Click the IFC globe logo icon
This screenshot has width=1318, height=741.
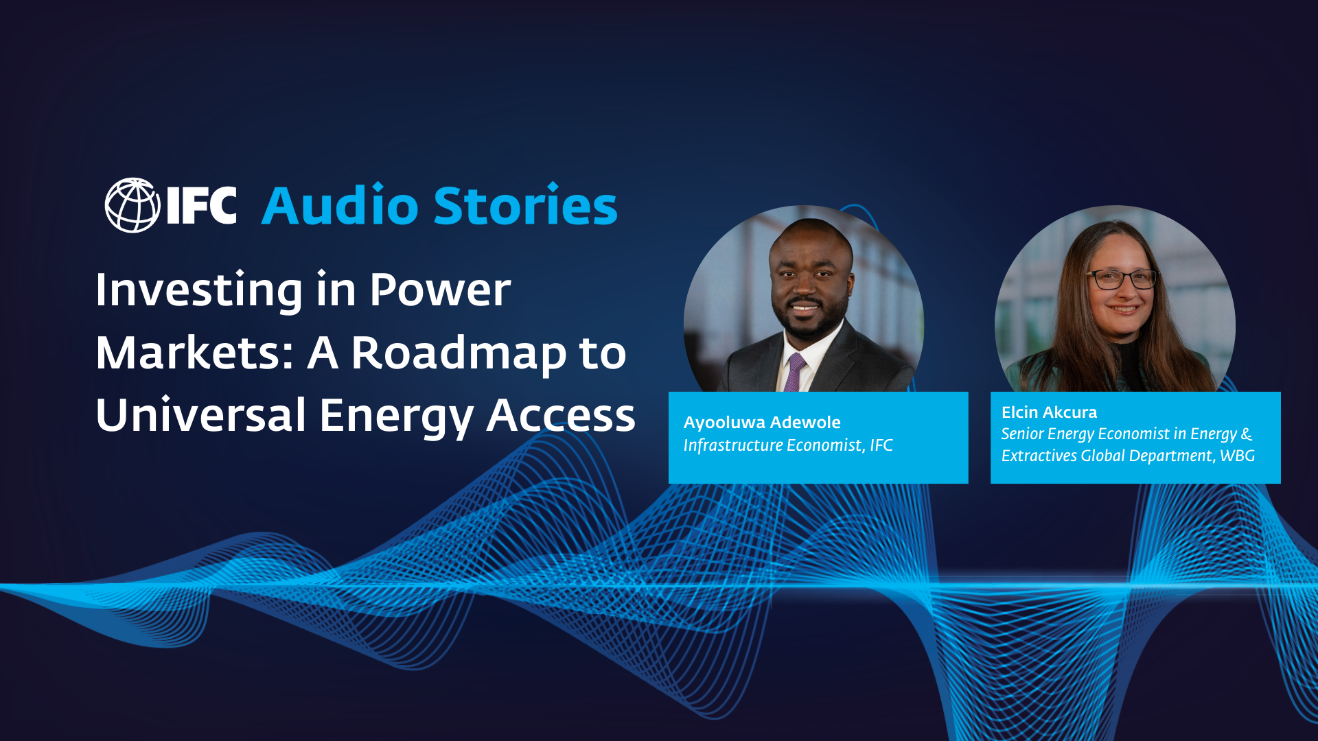point(132,205)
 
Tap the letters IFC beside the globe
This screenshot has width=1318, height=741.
point(202,205)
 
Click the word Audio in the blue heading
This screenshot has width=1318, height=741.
point(340,206)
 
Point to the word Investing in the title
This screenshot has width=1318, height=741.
point(199,290)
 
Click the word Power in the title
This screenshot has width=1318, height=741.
point(440,290)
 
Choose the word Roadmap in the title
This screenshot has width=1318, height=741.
point(459,354)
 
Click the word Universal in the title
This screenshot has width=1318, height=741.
point(201,415)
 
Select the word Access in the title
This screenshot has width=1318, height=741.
point(561,415)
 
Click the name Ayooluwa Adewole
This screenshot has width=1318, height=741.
point(762,423)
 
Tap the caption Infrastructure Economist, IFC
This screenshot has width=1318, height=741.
point(788,445)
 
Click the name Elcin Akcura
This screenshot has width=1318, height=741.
point(1049,412)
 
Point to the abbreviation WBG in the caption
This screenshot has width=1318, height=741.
point(1237,456)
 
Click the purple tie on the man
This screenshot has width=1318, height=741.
point(795,373)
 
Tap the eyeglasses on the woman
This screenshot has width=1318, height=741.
point(1122,279)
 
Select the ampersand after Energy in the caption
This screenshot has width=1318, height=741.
point(1247,434)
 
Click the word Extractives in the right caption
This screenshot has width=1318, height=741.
point(1039,456)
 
